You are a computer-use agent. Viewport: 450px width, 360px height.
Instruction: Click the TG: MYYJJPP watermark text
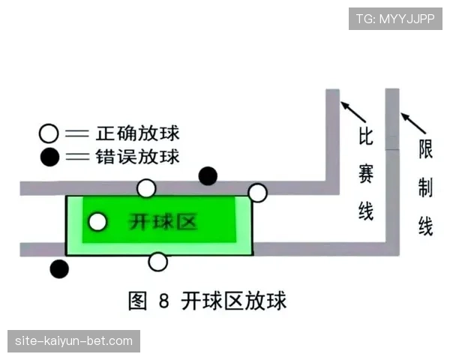click(395, 19)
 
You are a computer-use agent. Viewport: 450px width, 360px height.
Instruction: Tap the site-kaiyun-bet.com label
click(74, 341)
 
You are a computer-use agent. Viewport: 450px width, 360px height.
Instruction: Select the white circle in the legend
click(49, 135)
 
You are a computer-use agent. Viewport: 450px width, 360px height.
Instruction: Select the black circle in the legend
click(49, 157)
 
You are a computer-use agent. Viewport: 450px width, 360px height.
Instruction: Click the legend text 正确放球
click(138, 135)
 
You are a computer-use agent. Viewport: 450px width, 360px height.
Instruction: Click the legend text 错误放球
click(138, 157)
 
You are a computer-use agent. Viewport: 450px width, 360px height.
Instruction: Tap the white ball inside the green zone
click(97, 222)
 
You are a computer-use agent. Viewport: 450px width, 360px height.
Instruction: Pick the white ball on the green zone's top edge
click(147, 188)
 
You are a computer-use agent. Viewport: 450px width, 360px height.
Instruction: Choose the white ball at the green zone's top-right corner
click(257, 193)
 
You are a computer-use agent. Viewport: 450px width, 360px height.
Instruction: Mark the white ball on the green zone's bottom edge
click(157, 262)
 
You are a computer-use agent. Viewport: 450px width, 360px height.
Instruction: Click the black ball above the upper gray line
click(208, 176)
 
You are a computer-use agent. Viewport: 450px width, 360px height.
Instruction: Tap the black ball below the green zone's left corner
click(58, 268)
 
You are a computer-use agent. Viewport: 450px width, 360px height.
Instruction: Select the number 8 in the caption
click(164, 302)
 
